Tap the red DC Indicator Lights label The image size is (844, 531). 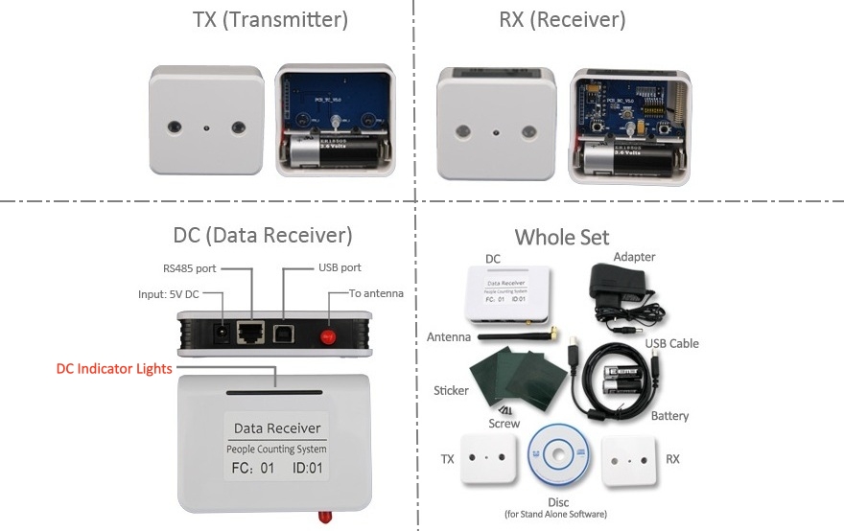pyautogui.click(x=114, y=368)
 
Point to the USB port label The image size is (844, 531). pyautogui.click(x=340, y=267)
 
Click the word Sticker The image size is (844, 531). pyautogui.click(x=451, y=390)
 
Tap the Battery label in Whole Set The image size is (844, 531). pyautogui.click(x=669, y=416)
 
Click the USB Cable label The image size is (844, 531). pyautogui.click(x=670, y=343)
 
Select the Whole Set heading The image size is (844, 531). pyautogui.click(x=561, y=237)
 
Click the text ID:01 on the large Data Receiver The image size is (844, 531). pyautogui.click(x=314, y=469)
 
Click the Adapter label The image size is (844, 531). pyautogui.click(x=634, y=257)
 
